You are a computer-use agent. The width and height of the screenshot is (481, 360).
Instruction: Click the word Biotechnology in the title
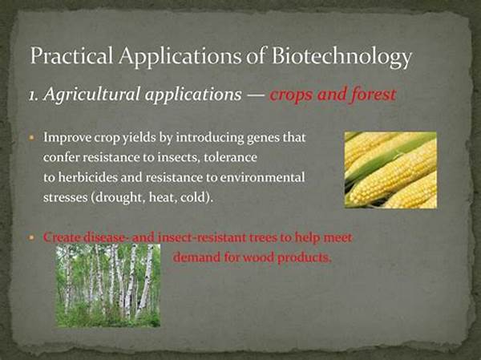click(x=342, y=57)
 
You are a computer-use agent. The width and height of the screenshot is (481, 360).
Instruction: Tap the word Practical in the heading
click(x=71, y=55)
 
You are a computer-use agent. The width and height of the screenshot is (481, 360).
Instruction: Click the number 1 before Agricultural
click(x=32, y=95)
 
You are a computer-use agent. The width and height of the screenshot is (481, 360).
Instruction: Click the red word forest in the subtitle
click(x=374, y=95)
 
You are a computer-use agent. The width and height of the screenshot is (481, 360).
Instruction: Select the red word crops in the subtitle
click(x=292, y=96)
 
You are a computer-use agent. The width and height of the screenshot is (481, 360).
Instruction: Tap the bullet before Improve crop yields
click(x=31, y=137)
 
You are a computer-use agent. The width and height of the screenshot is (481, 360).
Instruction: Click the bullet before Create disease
click(x=30, y=237)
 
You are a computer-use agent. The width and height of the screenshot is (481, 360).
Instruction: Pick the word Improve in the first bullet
click(x=67, y=138)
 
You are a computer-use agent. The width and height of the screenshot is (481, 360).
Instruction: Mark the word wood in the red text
click(x=259, y=257)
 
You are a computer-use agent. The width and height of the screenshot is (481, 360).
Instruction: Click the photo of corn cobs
click(x=391, y=170)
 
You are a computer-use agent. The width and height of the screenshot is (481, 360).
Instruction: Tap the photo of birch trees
click(x=108, y=285)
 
